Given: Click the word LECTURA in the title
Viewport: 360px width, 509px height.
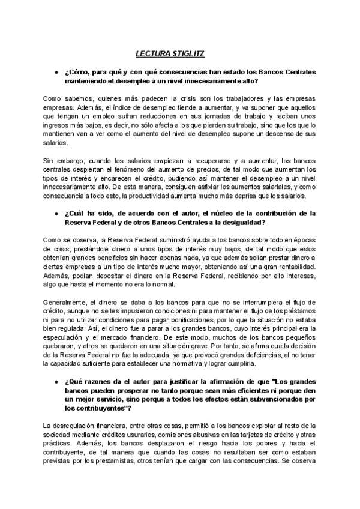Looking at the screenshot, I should [x=151, y=53].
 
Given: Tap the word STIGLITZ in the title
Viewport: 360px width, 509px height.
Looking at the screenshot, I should [x=187, y=53].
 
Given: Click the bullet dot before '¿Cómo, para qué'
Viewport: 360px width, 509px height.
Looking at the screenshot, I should [x=55, y=73].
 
